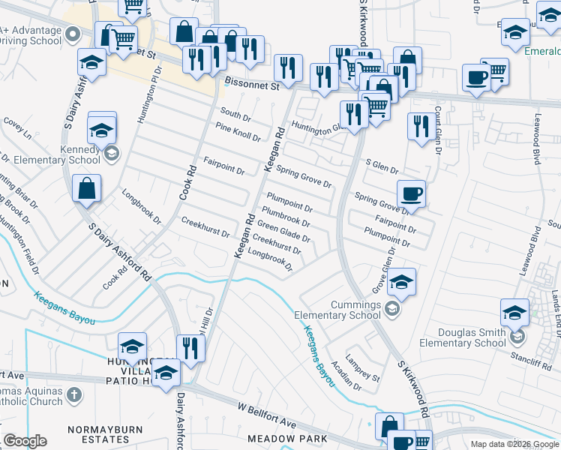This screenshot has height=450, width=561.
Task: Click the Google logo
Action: pos(25,441)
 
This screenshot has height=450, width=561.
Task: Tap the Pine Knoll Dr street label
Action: pos(237,133)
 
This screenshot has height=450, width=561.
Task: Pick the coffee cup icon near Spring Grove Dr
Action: pos(411,193)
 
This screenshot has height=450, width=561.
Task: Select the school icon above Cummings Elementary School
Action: pos(402,282)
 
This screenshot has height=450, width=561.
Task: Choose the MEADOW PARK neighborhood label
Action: pos(293,438)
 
